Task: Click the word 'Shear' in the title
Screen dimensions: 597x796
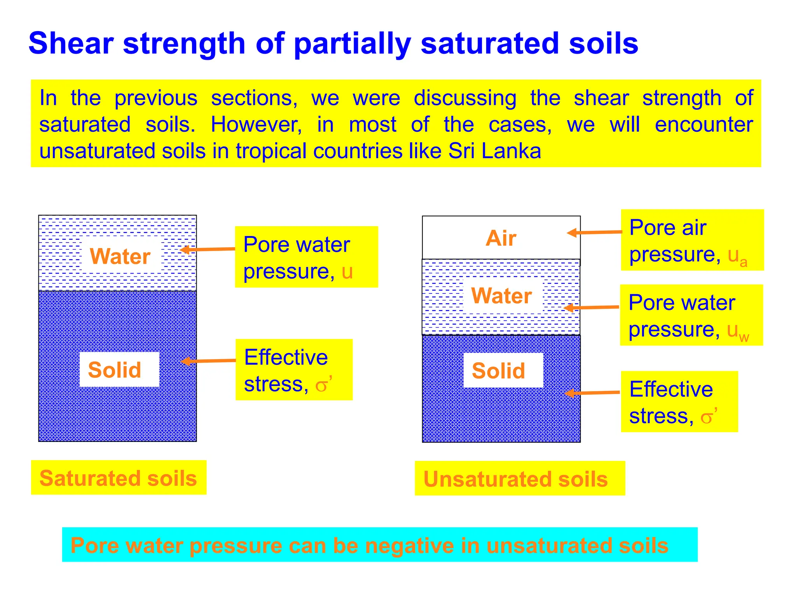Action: click(71, 43)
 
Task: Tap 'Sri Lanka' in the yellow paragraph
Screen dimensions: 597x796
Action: click(494, 151)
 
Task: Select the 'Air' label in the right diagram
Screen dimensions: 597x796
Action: click(501, 238)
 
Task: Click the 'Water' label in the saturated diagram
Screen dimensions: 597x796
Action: click(120, 256)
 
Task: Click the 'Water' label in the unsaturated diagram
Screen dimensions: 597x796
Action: click(501, 296)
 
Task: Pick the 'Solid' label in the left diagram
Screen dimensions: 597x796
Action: click(115, 370)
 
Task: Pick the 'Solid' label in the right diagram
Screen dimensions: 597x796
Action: click(498, 370)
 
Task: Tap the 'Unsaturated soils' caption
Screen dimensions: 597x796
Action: click(515, 479)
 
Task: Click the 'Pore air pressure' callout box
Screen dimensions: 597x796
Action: click(692, 240)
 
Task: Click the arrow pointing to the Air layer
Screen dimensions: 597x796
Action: click(595, 232)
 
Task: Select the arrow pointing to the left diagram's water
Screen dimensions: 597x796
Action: click(208, 249)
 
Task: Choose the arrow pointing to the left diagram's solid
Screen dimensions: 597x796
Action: click(208, 361)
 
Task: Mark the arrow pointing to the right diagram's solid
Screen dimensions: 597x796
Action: click(592, 393)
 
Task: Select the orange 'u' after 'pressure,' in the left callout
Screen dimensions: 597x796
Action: click(347, 271)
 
